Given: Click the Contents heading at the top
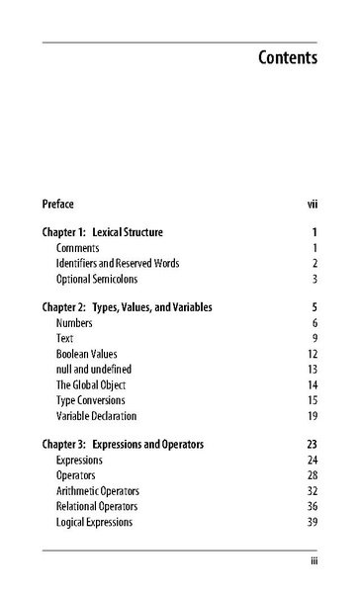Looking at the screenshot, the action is point(288,57).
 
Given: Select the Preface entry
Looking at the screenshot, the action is point(58,205).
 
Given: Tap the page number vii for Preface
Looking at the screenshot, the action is point(312,205).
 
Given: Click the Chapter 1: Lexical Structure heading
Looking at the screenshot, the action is point(103,232).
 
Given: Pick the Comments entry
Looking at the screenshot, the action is point(79,248).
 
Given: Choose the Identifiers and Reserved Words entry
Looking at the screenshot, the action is point(118,264).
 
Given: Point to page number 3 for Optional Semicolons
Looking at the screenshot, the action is point(314,280).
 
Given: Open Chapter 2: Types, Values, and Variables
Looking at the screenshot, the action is point(128,307).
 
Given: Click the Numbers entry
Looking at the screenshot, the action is point(75,323).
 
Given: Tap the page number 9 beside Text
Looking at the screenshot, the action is point(314,338).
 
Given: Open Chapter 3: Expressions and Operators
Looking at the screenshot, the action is point(124,445).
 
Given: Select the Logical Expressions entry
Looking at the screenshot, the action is point(94,521).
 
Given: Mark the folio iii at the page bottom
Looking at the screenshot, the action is point(313,561).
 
